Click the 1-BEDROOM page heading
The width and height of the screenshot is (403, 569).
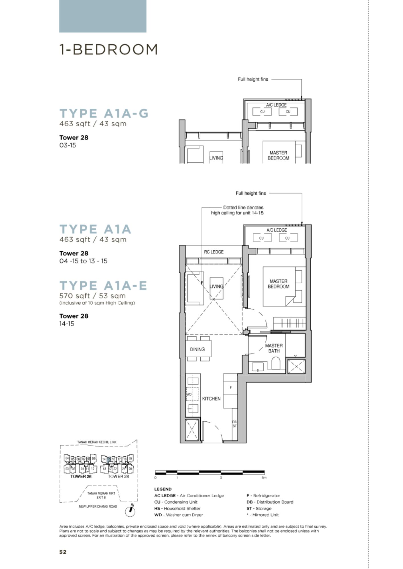tap(108, 50)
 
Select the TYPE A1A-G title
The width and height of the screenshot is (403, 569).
tap(104, 113)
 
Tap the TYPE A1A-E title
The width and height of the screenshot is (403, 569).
tap(103, 285)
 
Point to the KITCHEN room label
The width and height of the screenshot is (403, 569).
tap(211, 399)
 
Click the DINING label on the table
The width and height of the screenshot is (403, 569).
tap(197, 349)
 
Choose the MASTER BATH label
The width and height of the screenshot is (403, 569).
tap(274, 348)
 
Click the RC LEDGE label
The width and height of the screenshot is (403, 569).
tap(214, 252)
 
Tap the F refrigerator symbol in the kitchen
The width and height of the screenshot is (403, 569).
tap(231, 387)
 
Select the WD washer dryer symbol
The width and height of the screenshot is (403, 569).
tap(189, 394)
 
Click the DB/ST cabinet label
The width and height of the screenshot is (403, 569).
tap(235, 424)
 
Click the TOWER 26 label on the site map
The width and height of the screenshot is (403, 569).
tap(81, 476)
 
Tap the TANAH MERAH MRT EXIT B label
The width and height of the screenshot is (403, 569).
tap(101, 495)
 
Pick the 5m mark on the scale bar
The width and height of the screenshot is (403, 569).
tap(264, 478)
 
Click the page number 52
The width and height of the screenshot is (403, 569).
tap(63, 552)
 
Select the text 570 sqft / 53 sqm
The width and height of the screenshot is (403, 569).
tap(92, 296)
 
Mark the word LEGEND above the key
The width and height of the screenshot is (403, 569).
tap(163, 489)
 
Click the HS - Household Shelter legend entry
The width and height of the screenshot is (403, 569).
tap(177, 508)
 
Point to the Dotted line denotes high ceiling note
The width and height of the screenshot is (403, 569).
tap(237, 210)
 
